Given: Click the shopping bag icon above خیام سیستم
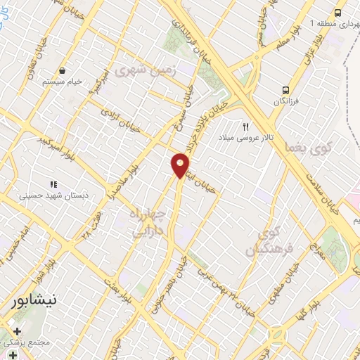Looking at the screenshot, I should [x=63, y=70].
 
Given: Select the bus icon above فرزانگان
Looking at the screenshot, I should [x=286, y=90].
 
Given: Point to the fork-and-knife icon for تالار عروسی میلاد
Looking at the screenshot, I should [x=245, y=127].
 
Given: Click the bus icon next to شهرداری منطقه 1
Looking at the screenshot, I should [x=338, y=13].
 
